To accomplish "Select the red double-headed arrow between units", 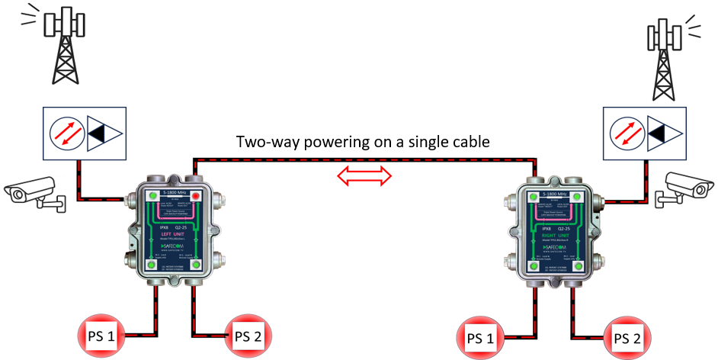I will pyautogui.click(x=365, y=177).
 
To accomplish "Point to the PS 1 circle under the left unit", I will pyautogui.click(x=103, y=336).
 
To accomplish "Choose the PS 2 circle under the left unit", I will pyautogui.click(x=248, y=336).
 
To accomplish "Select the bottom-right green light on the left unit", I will pyautogui.click(x=197, y=265).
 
